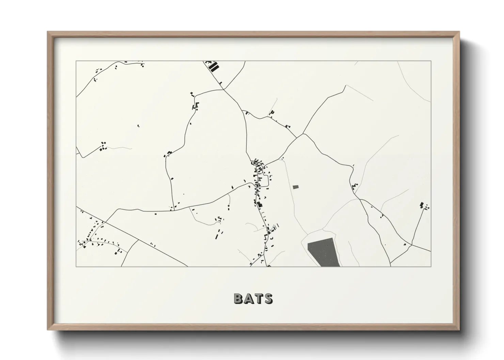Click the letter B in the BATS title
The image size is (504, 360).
point(239,298)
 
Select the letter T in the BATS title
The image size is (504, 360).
point(258,298)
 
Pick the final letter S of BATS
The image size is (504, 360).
point(268,298)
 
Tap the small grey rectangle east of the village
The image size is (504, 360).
point(295,187)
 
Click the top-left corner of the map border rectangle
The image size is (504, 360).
point(76,61)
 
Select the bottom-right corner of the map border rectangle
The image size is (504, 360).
point(431,266)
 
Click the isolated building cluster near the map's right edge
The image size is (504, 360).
point(424,206)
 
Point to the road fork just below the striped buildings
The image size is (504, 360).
point(224,89)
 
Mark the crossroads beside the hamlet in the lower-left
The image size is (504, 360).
point(105,222)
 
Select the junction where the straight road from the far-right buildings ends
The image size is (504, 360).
point(412,244)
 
